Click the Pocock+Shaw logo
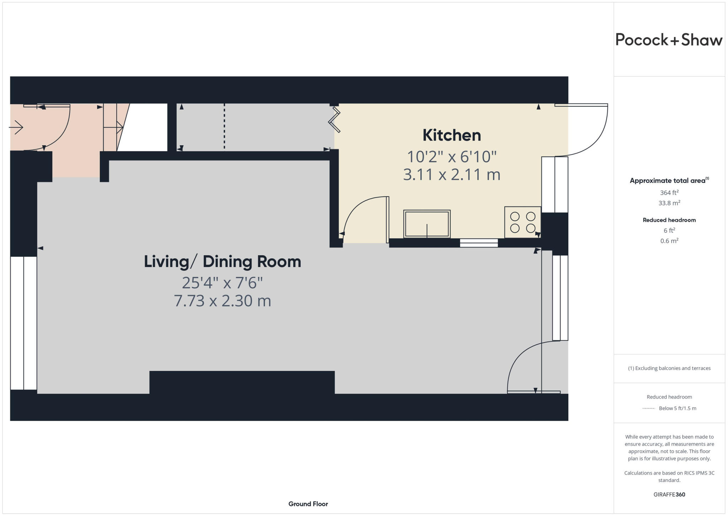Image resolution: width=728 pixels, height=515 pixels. (x=669, y=40)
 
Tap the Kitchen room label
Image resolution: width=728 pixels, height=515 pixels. (x=451, y=135)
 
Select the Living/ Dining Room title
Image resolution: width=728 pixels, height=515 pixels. (x=222, y=262)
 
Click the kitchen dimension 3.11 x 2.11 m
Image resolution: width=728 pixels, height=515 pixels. (x=451, y=175)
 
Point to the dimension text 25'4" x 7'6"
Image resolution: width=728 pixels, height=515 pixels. (x=222, y=283)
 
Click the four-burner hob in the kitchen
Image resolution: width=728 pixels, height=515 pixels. (x=523, y=222)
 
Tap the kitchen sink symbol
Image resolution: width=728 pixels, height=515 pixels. (x=427, y=224)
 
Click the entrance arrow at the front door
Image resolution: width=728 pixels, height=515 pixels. (x=16, y=127)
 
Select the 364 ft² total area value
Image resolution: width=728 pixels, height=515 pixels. (x=669, y=193)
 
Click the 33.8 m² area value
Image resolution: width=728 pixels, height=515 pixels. (x=669, y=203)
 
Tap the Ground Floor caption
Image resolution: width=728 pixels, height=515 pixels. (x=308, y=504)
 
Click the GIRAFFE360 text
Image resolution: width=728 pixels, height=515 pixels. (x=669, y=494)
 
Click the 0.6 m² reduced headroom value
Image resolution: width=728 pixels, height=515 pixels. (x=669, y=241)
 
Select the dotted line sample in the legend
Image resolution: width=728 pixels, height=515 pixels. (x=649, y=409)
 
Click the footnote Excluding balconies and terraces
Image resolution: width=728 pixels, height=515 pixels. (x=669, y=368)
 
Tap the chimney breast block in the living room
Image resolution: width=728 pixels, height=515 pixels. (x=242, y=382)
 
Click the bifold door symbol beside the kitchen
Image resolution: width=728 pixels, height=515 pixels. (x=334, y=121)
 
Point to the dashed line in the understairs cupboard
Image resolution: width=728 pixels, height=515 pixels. (x=224, y=126)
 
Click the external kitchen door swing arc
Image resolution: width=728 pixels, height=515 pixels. (x=597, y=142)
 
